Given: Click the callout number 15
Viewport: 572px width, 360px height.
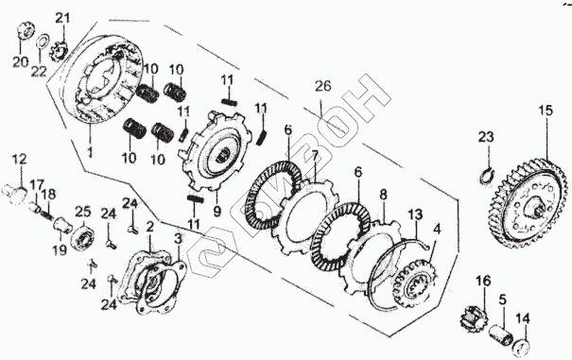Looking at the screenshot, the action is click(546, 111).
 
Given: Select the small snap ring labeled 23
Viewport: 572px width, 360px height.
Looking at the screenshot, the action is click(486, 176).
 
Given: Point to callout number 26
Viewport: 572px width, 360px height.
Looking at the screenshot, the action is click(323, 86).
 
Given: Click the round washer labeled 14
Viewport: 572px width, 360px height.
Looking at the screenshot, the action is click(521, 348).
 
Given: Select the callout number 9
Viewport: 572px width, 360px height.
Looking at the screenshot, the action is click(217, 212).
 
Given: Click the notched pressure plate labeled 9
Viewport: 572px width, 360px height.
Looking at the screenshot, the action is click(212, 150).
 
